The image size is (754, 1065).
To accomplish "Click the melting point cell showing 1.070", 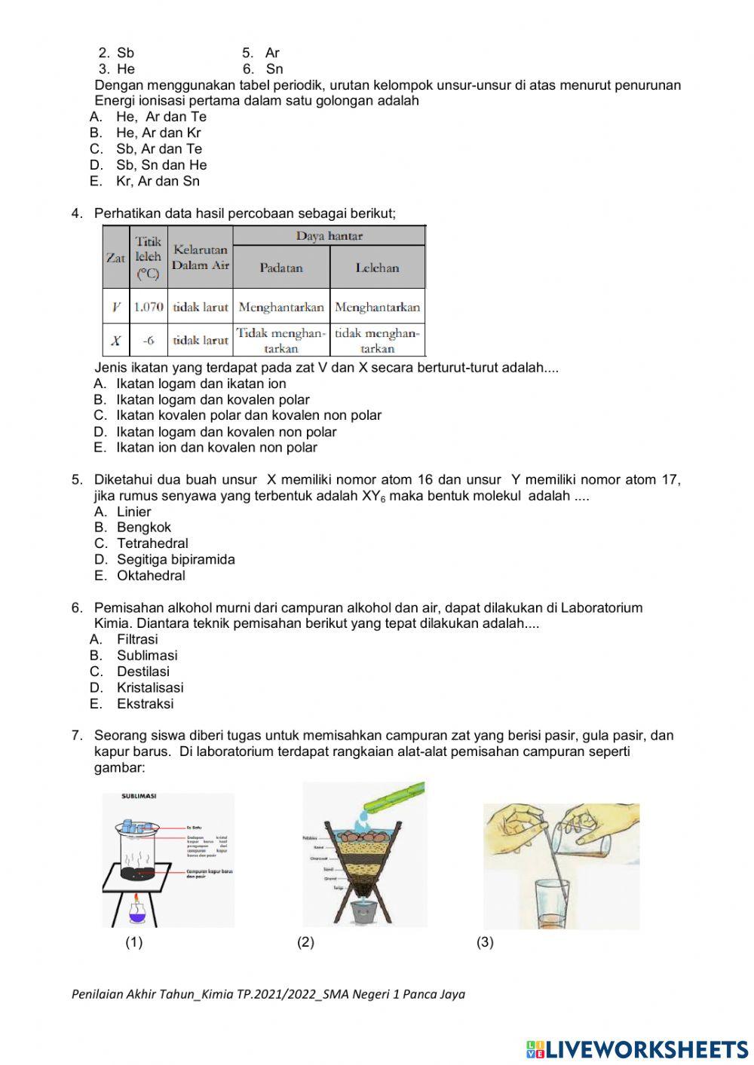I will coord(149,307).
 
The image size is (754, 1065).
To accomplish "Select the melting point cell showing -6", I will coord(149,341).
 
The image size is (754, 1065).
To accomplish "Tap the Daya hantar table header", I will coord(329,236).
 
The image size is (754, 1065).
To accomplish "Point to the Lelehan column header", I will coord(377,268).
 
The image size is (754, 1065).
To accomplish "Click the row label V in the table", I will coord(115,307).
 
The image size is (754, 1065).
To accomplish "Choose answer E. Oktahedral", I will coord(150,576).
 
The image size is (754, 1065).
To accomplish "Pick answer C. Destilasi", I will coord(143,672).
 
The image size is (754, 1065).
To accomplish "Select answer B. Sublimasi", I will coord(146,656).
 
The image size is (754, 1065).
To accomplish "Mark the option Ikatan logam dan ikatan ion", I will coord(201,384).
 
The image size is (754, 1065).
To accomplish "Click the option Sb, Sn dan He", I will coord(161,165).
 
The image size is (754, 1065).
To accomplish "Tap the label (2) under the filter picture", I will coord(305,942).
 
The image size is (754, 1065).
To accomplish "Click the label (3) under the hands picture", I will coord(485,942).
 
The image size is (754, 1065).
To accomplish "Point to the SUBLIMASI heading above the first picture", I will coord(139,797).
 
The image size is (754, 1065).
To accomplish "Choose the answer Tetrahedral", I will coord(152,543).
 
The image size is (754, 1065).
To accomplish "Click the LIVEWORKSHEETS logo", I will coord(636,1048).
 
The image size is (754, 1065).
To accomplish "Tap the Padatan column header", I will coord(281,268).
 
